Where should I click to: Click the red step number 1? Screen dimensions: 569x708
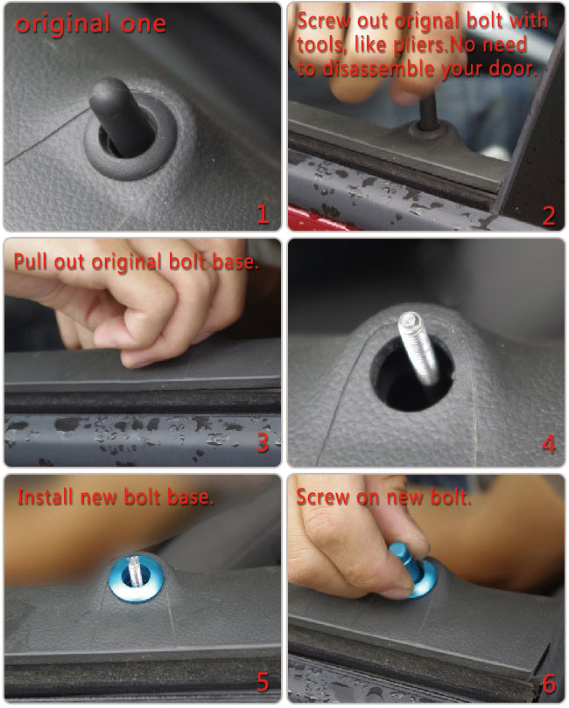point(263,213)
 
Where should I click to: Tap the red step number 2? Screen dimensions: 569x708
point(549,215)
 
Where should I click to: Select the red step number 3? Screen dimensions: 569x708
point(263,442)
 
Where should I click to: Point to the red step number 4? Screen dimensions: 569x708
point(549,444)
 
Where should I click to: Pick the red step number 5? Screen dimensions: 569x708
point(263,682)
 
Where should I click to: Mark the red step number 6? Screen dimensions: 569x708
point(549,684)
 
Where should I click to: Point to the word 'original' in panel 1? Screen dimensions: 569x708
point(63,24)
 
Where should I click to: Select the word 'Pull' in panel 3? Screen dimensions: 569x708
point(31,261)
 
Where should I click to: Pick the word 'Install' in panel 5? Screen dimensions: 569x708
point(46,496)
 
